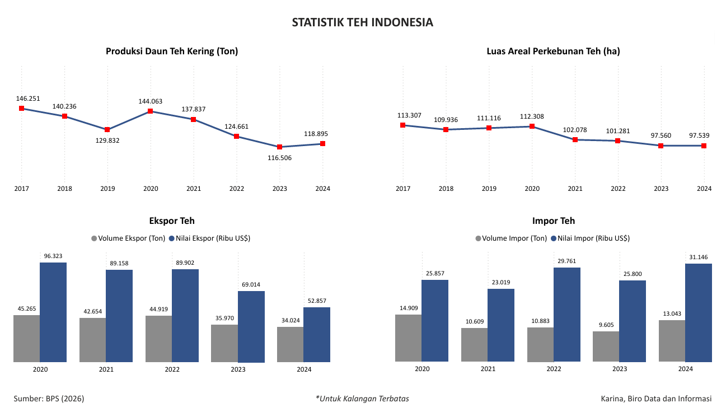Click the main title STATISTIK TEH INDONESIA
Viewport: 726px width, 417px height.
tap(363, 22)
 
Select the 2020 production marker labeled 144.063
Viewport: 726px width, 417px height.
tap(151, 111)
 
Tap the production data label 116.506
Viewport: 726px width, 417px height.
tap(279, 158)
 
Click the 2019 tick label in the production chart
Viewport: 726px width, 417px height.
tap(107, 189)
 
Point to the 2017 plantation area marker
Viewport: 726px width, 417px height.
tap(402, 125)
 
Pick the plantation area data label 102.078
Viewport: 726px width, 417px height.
tap(575, 130)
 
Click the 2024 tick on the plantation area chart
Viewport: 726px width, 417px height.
tap(704, 189)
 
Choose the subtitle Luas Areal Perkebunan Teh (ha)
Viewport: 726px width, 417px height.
tap(553, 51)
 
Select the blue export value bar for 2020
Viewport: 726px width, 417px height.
tap(53, 312)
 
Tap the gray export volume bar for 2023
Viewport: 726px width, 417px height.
tap(224, 343)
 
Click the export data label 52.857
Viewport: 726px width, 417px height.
tap(317, 301)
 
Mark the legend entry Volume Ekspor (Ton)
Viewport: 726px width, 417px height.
tap(128, 238)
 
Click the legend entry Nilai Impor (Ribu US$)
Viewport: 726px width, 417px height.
tap(591, 238)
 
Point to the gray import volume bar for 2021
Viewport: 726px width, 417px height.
tap(474, 345)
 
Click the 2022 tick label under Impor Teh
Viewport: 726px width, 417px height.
tap(554, 369)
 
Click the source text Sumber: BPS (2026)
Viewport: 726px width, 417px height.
tap(49, 399)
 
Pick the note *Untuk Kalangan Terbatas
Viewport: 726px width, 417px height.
tap(362, 399)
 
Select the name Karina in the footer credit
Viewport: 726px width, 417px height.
tap(612, 399)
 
